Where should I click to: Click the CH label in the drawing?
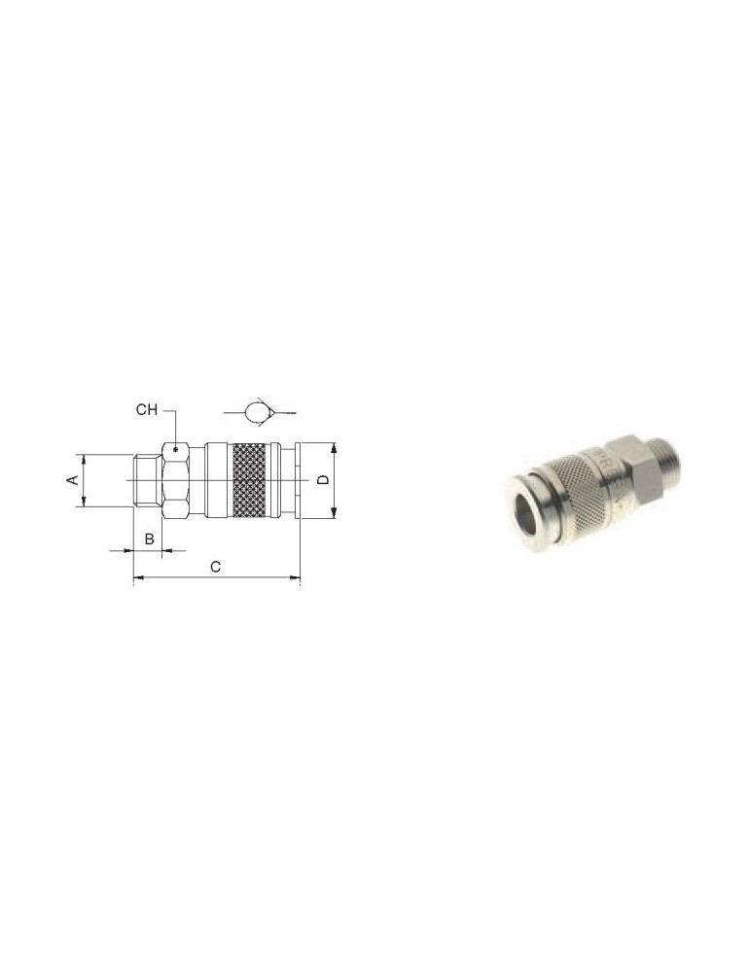[147, 410]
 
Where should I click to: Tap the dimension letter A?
[73, 480]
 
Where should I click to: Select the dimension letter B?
[149, 538]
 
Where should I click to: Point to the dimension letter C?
[215, 567]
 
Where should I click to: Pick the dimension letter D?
[323, 480]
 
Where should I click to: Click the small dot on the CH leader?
[176, 449]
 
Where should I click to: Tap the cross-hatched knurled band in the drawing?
[251, 480]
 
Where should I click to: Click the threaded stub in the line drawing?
[148, 481]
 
